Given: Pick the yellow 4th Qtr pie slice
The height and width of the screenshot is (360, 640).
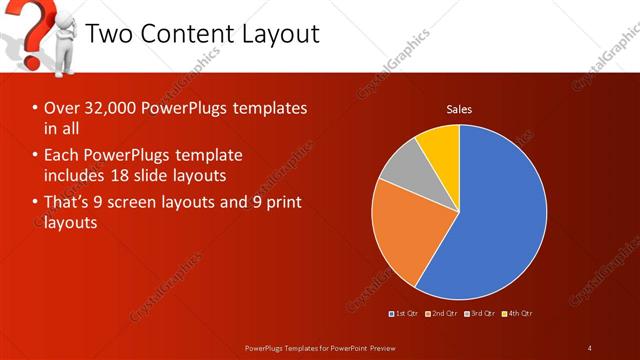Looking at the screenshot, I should click(441, 145).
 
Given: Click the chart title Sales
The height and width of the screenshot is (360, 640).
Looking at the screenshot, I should click(459, 109).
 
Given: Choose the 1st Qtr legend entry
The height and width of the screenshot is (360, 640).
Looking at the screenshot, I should click(405, 314).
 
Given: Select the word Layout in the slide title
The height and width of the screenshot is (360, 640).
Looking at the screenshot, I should click(283, 34).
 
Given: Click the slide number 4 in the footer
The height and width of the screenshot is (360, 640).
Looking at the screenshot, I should click(589, 347).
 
